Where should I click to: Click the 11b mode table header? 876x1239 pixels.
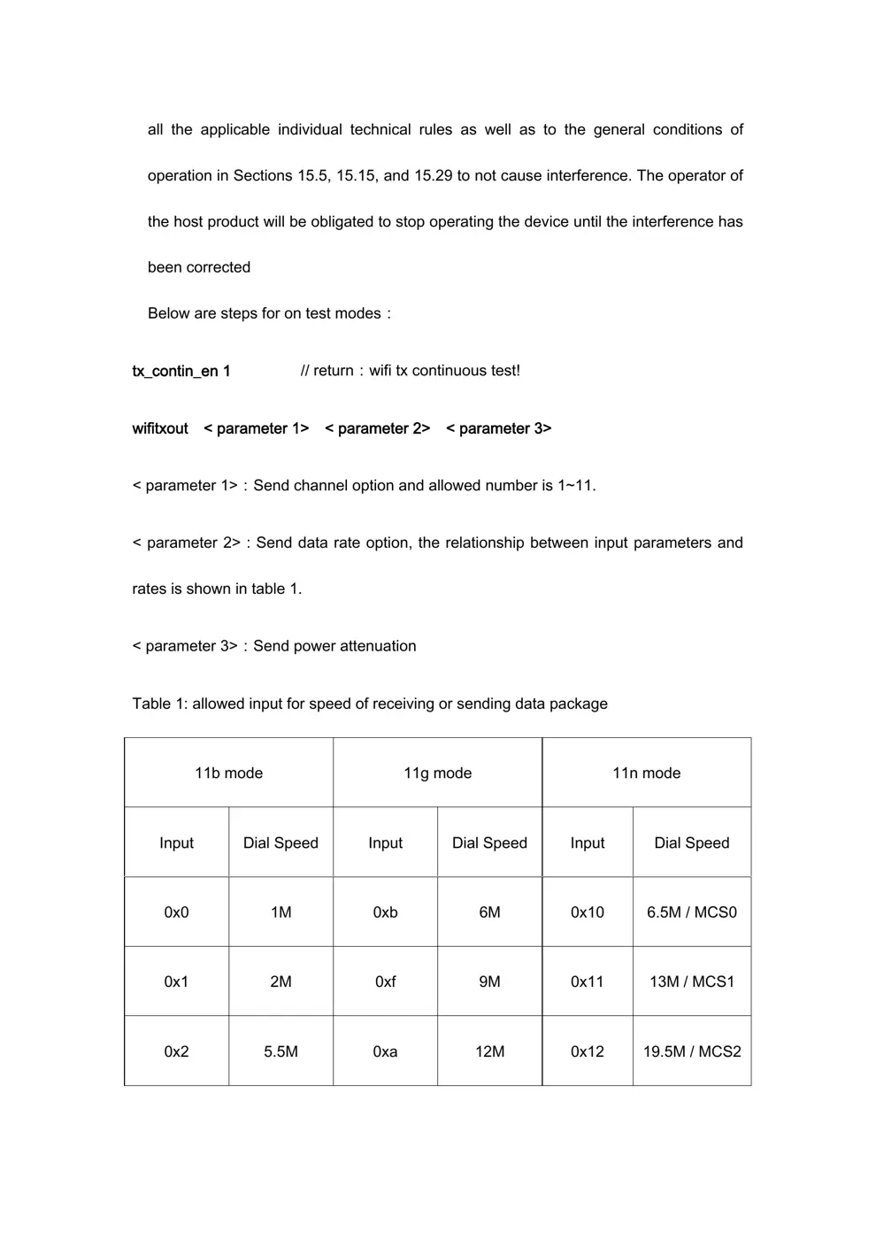pos(228,773)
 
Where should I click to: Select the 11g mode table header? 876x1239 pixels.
pos(437,773)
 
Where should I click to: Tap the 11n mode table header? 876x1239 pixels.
pos(646,773)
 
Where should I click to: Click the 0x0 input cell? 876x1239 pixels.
pos(176,912)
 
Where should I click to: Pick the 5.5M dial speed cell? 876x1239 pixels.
pos(280,1051)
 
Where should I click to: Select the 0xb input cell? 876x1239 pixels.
pos(385,912)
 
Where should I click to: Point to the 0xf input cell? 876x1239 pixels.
pos(385,981)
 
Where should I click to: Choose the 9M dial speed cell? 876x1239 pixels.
pos(489,981)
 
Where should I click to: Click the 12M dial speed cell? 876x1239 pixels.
pos(489,1051)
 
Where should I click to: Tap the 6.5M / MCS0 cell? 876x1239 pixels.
pos(691,912)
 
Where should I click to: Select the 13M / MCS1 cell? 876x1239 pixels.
pos(691,981)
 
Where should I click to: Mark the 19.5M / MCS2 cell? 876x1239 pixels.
pos(691,1051)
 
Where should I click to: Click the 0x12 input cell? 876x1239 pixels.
pos(587,1051)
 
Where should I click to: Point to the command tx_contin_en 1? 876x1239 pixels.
pos(181,371)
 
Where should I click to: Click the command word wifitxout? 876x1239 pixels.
pos(160,428)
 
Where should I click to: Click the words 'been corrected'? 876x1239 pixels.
pos(199,267)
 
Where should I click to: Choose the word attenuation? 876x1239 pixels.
pos(378,646)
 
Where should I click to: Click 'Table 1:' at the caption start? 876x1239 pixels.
pos(159,704)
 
